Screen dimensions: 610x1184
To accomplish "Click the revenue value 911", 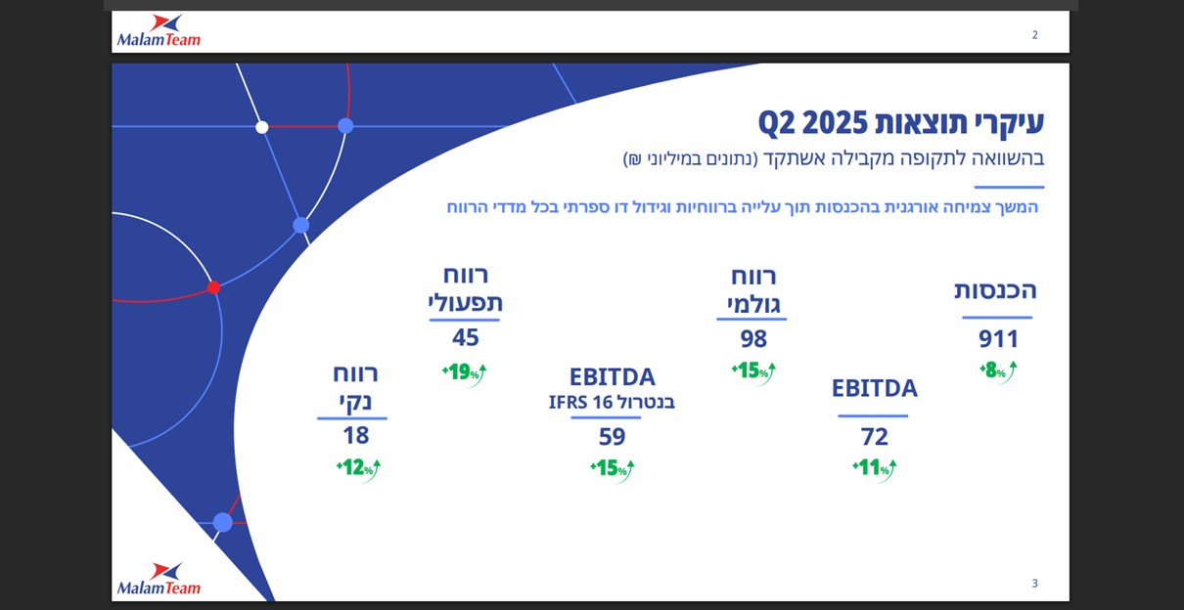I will pos(998,339).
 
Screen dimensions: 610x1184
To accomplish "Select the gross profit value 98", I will pos(753,339).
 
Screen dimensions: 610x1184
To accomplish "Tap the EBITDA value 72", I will pos(874,437).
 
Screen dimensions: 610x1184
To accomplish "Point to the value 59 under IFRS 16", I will pos(612,437).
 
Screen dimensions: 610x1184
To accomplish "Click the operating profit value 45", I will pos(466,338).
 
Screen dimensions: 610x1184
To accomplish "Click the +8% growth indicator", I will pos(997,371).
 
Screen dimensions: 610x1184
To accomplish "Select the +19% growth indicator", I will pos(465,371).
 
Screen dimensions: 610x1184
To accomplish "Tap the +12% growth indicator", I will pos(358,468).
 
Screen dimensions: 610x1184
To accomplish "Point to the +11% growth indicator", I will pos(874,468).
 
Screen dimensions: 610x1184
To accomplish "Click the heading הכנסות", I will pos(995,290).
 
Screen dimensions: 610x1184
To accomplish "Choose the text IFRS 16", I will pos(581,402).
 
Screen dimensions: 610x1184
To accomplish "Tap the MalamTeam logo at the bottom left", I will pos(159,579).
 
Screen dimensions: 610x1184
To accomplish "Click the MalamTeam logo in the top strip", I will pos(159,31).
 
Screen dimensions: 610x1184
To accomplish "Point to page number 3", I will pos(1034,584).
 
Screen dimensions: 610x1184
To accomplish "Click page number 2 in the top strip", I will pos(1034,35).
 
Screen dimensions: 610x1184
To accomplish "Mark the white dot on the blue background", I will pos(262,127).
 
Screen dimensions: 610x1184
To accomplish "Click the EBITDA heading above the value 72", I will pos(874,388).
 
